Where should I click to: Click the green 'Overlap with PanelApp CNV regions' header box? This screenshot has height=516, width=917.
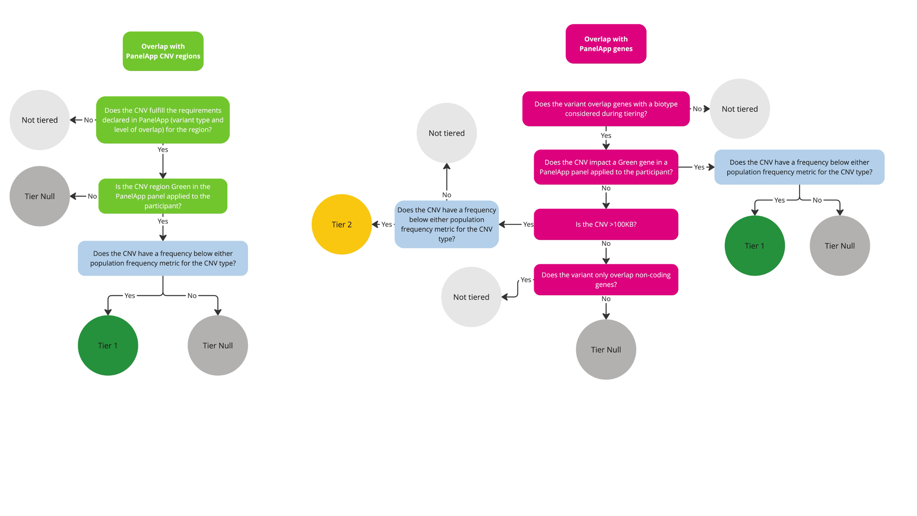(163, 51)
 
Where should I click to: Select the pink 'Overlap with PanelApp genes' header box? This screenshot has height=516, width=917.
(606, 44)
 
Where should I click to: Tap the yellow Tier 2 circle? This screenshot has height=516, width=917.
(342, 224)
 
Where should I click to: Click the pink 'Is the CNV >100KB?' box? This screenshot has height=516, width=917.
(606, 224)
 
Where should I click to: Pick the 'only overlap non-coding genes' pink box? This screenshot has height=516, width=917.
(606, 279)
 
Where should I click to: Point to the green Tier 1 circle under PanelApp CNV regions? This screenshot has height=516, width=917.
(108, 345)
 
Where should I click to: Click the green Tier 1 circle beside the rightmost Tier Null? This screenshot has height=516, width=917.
(754, 246)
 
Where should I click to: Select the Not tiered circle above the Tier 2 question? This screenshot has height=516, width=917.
(447, 133)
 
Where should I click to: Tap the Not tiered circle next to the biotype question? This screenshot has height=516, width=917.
(740, 109)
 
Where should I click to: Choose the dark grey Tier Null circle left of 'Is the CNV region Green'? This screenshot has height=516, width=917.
(39, 196)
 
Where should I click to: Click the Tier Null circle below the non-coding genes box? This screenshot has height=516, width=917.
(606, 350)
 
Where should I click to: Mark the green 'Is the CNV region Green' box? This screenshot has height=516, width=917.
(163, 196)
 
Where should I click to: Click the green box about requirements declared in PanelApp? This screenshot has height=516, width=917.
(163, 120)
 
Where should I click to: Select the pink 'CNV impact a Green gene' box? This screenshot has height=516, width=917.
(606, 167)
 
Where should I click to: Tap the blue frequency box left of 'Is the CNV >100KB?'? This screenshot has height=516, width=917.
(447, 224)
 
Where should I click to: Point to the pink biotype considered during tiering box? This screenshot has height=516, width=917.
(606, 109)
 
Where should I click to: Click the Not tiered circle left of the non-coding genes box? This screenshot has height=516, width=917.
(471, 297)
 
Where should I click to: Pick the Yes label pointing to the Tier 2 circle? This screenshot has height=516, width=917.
(387, 224)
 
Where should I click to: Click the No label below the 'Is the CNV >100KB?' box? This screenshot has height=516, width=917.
(606, 244)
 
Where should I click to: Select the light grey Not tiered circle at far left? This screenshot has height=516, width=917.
(39, 120)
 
